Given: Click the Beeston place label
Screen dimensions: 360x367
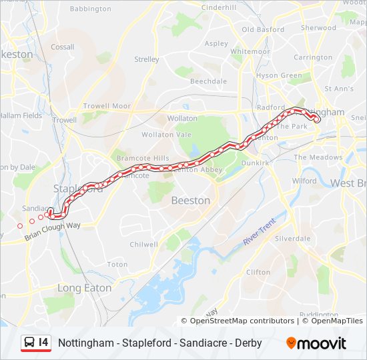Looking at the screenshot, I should click(x=191, y=200).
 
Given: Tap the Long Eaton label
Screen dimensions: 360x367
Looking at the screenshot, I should click(x=84, y=288).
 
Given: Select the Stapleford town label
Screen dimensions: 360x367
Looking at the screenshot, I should click(x=78, y=189).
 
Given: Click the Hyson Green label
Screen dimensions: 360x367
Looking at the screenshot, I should click(x=279, y=75).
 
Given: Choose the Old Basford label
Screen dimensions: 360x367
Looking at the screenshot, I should click(x=263, y=29).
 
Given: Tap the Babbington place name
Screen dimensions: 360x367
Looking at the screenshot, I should click(x=90, y=9).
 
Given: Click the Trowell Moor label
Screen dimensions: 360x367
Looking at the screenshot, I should click(x=107, y=106).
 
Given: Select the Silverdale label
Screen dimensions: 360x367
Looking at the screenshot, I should click(x=293, y=238).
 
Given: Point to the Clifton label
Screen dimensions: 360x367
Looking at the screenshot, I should click(x=258, y=272).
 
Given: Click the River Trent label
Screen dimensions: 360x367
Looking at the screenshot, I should click(x=259, y=232).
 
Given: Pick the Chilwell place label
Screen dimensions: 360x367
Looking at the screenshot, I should click(x=143, y=245).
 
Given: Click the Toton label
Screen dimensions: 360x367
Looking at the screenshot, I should click(x=117, y=265).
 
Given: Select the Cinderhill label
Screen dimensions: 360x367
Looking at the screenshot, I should click(x=219, y=7).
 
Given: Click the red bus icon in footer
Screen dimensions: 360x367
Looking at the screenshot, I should click(x=29, y=343).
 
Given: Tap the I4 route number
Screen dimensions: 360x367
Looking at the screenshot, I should click(x=44, y=343).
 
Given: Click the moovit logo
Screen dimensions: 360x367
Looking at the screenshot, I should click(x=316, y=343).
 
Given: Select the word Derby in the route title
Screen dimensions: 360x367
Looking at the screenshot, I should click(x=248, y=343).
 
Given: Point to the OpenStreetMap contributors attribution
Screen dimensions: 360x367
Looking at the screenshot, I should click(x=242, y=321).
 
